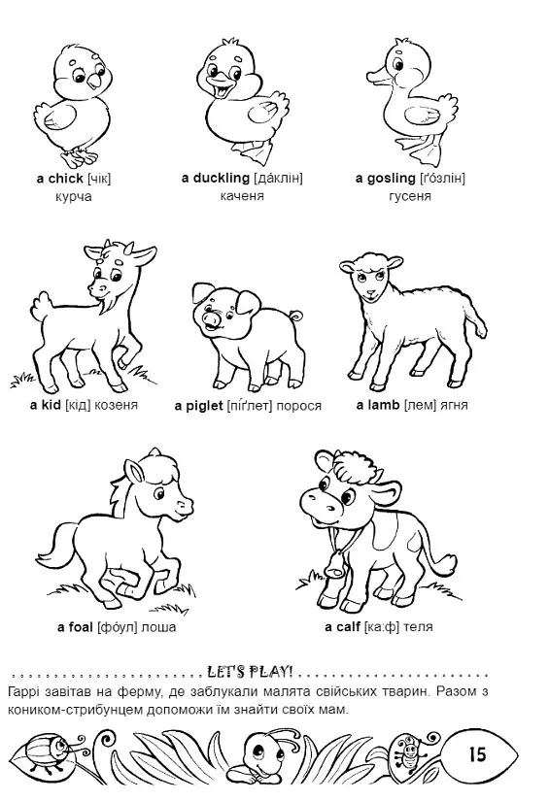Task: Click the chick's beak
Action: click(x=95, y=82)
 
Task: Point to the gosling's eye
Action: click(x=397, y=65)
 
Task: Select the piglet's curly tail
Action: click(x=296, y=316)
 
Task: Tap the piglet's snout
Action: click(x=211, y=319)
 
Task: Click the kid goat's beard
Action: click(x=106, y=308)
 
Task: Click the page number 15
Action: click(x=477, y=754)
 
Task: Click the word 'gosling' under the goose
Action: click(x=392, y=179)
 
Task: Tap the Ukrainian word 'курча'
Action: click(x=74, y=197)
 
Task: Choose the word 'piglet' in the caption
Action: click(x=204, y=406)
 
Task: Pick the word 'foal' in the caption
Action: click(x=81, y=627)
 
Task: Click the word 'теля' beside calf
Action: click(x=418, y=627)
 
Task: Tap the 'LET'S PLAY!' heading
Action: click(x=251, y=671)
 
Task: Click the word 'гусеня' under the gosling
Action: click(x=410, y=197)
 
